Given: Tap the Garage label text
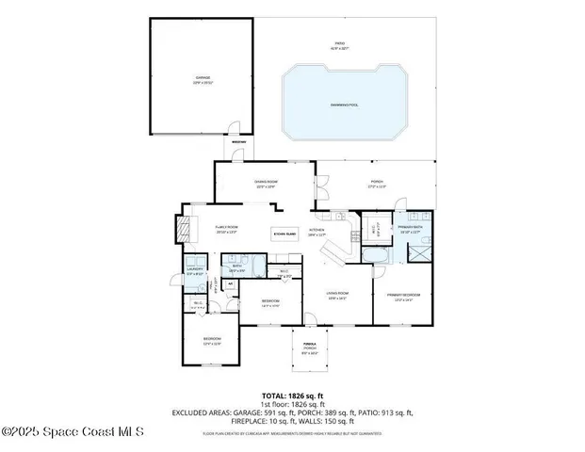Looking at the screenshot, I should [x=203, y=79].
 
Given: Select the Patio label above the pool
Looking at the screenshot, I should [x=339, y=44].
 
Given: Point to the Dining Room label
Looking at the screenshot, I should [x=265, y=183].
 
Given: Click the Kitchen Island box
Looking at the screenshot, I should [x=284, y=232].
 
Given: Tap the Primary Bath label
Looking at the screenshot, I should [x=409, y=228].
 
